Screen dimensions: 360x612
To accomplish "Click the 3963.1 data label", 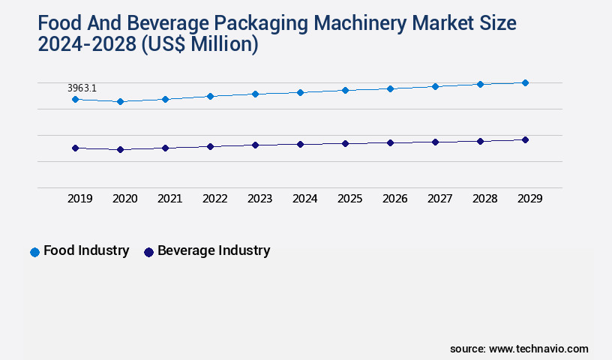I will [82, 88].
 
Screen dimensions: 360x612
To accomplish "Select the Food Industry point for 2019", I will [75, 99].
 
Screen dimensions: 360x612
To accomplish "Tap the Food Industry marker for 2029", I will [525, 82].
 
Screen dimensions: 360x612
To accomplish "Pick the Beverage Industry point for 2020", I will [120, 150].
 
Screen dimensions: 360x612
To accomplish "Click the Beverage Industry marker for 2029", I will [525, 139].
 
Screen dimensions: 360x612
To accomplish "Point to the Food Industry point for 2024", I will [300, 92].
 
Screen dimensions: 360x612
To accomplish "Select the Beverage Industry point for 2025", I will [345, 143].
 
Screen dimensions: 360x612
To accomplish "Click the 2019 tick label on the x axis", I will [80, 199].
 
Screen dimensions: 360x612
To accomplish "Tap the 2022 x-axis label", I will [215, 199].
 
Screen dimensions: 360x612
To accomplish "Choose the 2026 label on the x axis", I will [395, 199].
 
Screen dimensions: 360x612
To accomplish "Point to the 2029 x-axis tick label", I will [529, 199].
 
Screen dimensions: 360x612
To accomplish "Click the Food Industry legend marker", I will [34, 252].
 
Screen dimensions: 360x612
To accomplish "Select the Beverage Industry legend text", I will [214, 251].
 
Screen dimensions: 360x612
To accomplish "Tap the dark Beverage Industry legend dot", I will [148, 252].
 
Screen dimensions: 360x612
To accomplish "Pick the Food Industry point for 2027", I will [435, 86].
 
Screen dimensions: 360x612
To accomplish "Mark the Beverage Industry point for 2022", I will [210, 146].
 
